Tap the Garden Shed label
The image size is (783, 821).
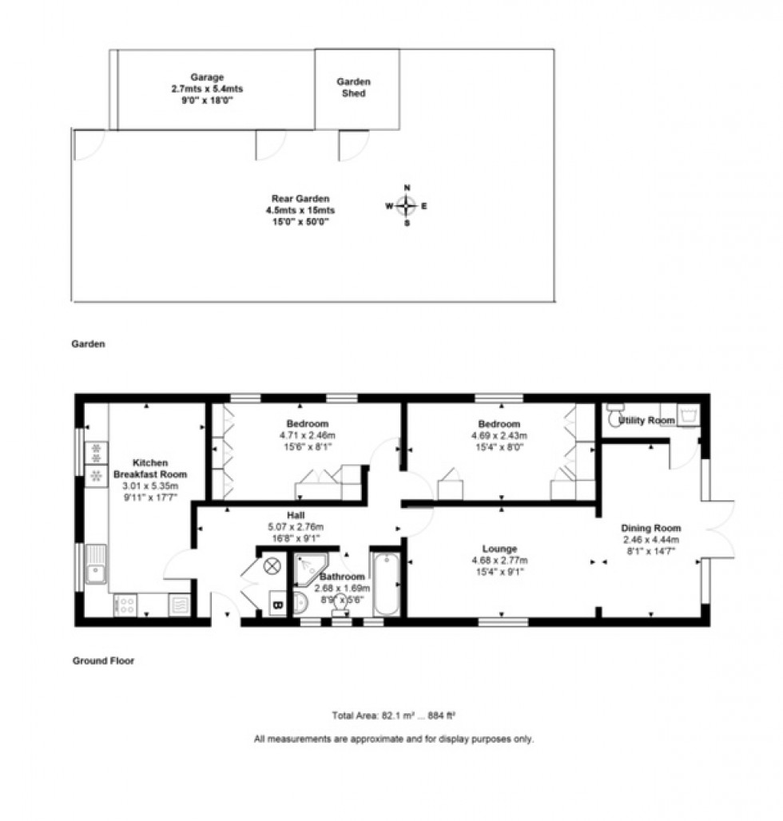[x=353, y=87]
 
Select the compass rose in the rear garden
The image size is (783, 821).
[x=407, y=205]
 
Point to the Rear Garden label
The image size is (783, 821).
[x=300, y=199]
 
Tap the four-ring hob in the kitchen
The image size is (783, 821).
[x=126, y=605]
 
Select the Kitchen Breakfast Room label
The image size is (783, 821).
[x=149, y=467]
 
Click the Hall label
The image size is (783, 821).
[x=296, y=515]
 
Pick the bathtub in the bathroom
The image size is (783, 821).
[x=386, y=584]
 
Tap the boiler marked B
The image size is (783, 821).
[x=278, y=605]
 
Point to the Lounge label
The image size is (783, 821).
[x=499, y=549]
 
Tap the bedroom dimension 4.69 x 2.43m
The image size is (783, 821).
[x=499, y=435]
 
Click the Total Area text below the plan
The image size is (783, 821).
[x=393, y=716]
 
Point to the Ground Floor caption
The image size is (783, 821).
[x=103, y=661]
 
